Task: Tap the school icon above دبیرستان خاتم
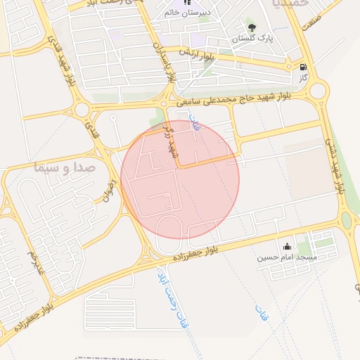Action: pos(187,3)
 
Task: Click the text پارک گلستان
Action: pos(253,37)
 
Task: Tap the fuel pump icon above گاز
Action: pos(303,67)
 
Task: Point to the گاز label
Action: pos(303,77)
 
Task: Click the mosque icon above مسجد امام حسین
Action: pos(287,247)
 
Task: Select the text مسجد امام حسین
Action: pos(288,257)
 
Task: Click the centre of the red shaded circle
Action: pos(180,179)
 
